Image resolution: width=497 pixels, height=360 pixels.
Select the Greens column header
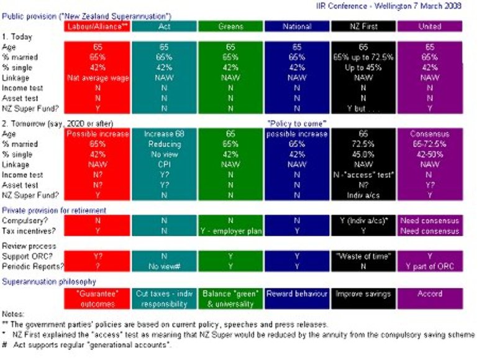pyautogui.click(x=230, y=27)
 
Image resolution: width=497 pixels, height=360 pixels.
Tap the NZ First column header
pyautogui.click(x=363, y=27)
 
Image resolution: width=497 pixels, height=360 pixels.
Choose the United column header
pyautogui.click(x=430, y=27)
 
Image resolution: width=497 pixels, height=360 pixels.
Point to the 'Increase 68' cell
pyautogui.click(x=163, y=134)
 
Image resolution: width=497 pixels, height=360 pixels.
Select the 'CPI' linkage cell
pyautogui.click(x=163, y=165)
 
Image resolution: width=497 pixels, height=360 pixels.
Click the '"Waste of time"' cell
pyautogui.click(x=363, y=255)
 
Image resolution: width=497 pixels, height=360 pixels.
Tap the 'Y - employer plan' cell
pyautogui.click(x=230, y=231)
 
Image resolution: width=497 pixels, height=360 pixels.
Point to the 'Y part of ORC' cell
pyautogui.click(x=430, y=266)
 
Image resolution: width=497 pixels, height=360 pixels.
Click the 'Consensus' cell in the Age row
pyautogui.click(x=430, y=134)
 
